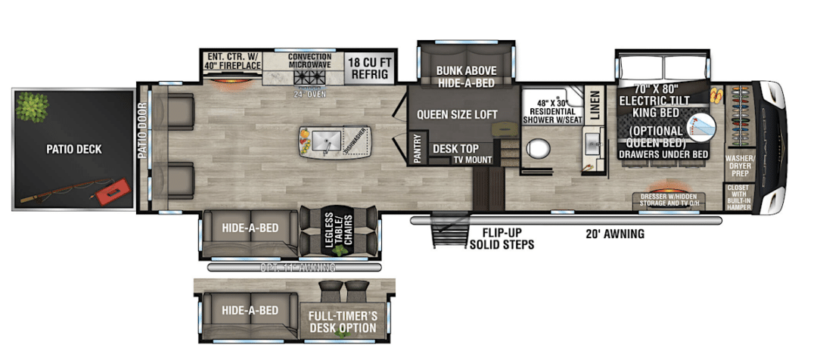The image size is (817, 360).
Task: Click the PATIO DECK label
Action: point(73,149)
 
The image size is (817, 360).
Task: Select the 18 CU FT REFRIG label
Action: point(368,68)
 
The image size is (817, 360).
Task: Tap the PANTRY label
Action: point(418,149)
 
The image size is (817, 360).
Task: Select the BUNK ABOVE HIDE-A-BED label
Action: point(465,76)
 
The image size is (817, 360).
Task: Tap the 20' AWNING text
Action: point(614,234)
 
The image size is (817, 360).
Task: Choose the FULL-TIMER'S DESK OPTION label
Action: point(342,321)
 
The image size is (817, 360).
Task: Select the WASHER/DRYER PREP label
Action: point(738,166)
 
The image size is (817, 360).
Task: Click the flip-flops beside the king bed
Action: point(717,95)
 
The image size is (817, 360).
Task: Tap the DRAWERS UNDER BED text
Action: point(663,154)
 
